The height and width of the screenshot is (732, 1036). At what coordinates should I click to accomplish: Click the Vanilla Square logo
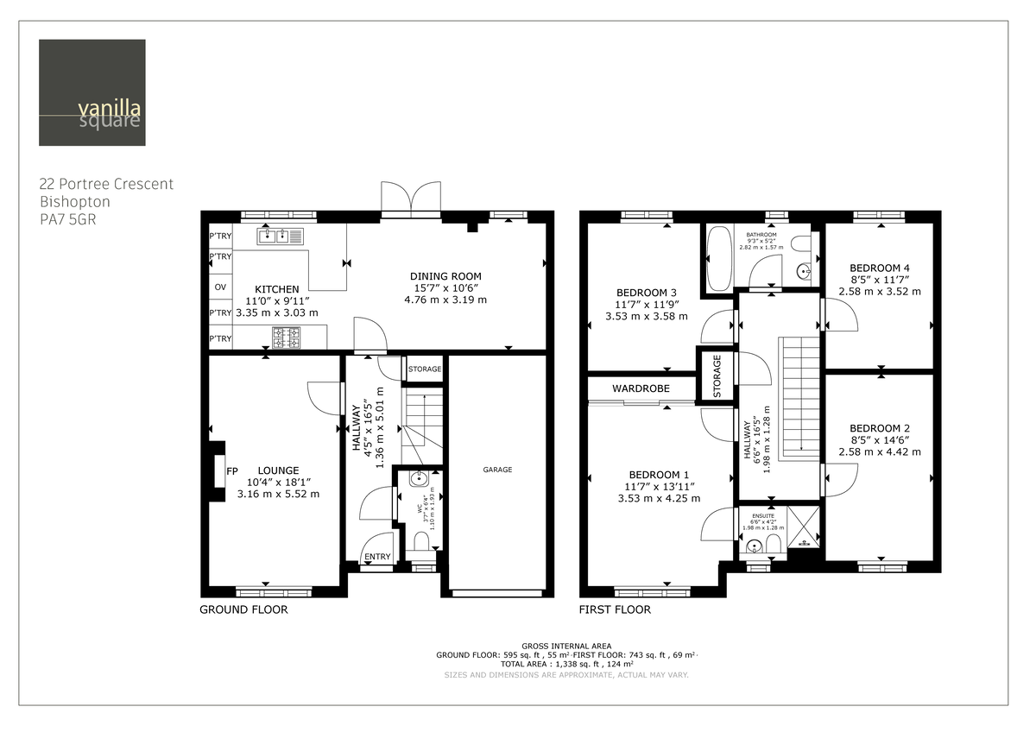tap(92, 92)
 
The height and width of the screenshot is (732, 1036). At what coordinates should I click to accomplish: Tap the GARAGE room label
tap(497, 470)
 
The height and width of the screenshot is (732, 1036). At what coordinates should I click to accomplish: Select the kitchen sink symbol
tap(279, 235)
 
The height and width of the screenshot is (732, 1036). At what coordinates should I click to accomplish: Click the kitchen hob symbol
tap(287, 338)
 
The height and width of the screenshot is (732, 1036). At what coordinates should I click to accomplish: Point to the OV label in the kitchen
tap(220, 287)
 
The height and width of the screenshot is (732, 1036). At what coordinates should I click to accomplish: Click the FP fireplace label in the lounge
tap(231, 471)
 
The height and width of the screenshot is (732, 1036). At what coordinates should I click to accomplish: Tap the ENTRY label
tap(377, 557)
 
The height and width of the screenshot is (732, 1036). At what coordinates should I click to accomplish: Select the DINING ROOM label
tap(445, 276)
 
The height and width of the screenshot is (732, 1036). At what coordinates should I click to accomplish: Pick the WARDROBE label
tap(641, 388)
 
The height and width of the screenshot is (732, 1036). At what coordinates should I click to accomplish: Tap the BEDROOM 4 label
tap(879, 268)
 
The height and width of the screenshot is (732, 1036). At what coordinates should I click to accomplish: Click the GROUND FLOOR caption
tap(243, 609)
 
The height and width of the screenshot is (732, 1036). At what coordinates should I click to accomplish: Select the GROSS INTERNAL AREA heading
tap(566, 646)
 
